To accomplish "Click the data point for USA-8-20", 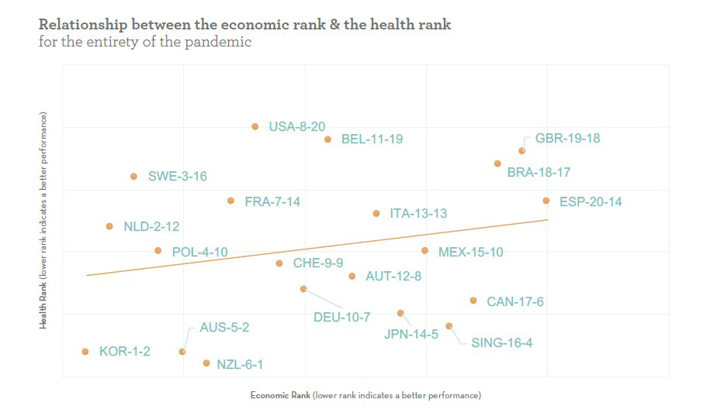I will tap(255, 126).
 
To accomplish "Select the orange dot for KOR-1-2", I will tap(85, 352).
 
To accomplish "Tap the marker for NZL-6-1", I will tap(206, 363).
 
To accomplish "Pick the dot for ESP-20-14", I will tap(546, 201).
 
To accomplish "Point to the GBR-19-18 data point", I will tap(521, 150).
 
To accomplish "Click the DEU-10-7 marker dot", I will tap(303, 289).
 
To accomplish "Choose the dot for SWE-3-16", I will tap(133, 177).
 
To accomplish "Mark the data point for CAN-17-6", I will tap(473, 301).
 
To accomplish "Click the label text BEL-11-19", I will tap(372, 139).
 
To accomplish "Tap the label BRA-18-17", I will tap(539, 172).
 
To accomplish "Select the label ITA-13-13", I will tap(418, 213).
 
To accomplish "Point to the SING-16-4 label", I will tap(501, 342).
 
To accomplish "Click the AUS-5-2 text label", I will tap(224, 328).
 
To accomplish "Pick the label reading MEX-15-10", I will tap(470, 252).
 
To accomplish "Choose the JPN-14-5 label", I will tap(410, 335).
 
